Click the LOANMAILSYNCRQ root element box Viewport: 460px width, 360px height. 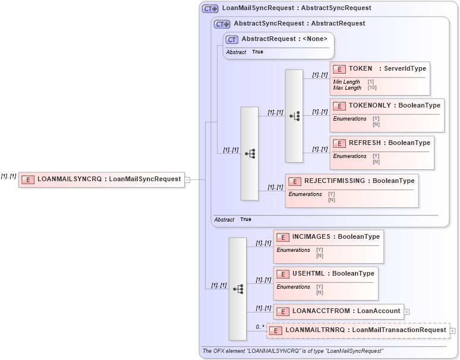click(101, 179)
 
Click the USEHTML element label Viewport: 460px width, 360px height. click(333, 274)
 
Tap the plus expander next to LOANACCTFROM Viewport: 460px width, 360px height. click(407, 311)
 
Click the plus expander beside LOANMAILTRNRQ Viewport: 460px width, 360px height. click(453, 330)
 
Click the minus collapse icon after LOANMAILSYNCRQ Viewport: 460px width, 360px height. click(187, 179)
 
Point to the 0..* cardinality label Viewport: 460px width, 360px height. click(260, 327)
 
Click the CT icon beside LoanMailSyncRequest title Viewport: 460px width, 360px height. click(210, 8)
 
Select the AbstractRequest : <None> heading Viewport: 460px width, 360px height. click(284, 39)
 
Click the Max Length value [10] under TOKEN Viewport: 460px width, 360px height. click(372, 88)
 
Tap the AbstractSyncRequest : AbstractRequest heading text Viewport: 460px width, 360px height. click(299, 23)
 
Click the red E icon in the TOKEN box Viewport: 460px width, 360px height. click(339, 69)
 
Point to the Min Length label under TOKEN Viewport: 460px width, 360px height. click(346, 82)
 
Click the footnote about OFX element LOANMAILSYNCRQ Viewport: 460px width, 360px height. click(292, 351)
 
